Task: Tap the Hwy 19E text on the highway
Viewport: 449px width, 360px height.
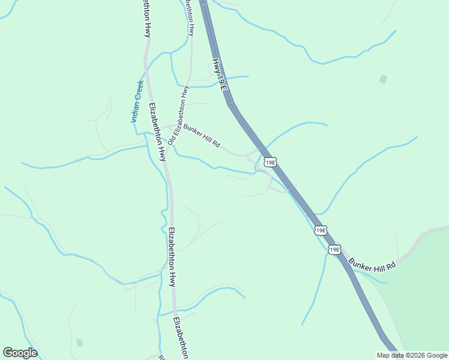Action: pos(219,74)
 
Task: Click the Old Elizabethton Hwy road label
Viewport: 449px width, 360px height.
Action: pos(178,115)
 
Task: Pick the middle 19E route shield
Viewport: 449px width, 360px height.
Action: pos(321,230)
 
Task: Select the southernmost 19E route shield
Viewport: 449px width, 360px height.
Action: pos(334,249)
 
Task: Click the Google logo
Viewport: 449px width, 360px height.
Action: pos(20,353)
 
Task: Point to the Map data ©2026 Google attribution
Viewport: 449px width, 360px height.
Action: pos(412,355)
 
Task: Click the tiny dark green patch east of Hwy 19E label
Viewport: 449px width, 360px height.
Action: pos(384,79)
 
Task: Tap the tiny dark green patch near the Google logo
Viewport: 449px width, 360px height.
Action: pos(79,343)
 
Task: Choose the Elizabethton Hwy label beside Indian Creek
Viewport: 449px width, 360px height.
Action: pos(157,132)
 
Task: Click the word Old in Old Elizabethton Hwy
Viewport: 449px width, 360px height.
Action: pos(171,139)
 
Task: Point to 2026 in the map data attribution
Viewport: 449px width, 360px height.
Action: pos(419,355)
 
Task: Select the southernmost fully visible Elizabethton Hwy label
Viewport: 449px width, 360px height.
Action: pos(172,257)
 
